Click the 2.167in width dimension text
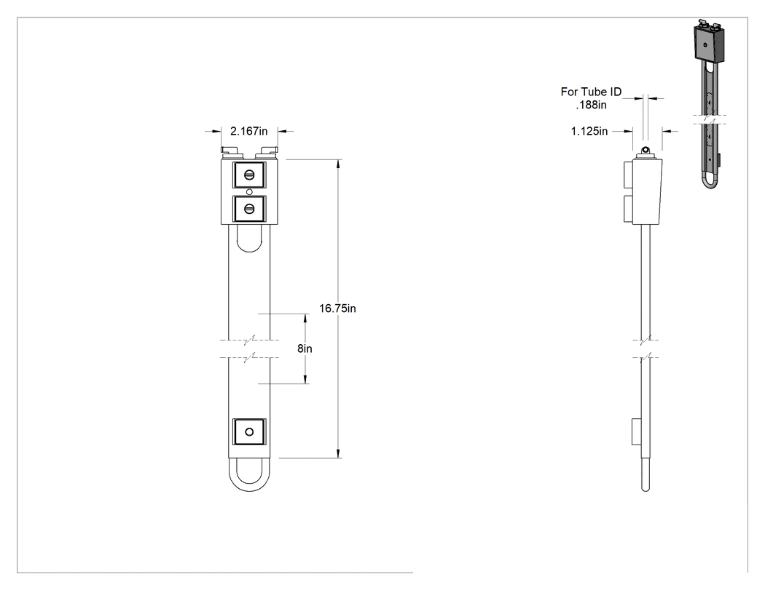[249, 131]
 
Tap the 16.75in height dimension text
[337, 308]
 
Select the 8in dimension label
[305, 348]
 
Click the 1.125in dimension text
[589, 131]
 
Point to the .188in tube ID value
[592, 105]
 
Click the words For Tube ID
[591, 92]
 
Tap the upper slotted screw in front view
[249, 175]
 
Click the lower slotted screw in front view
[249, 209]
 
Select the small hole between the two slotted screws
[249, 192]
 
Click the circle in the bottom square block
[249, 431]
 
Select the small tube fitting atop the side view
[646, 150]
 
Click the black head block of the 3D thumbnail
[709, 44]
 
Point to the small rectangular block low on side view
[637, 431]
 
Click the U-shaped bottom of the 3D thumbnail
[710, 180]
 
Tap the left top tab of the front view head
[232, 151]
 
